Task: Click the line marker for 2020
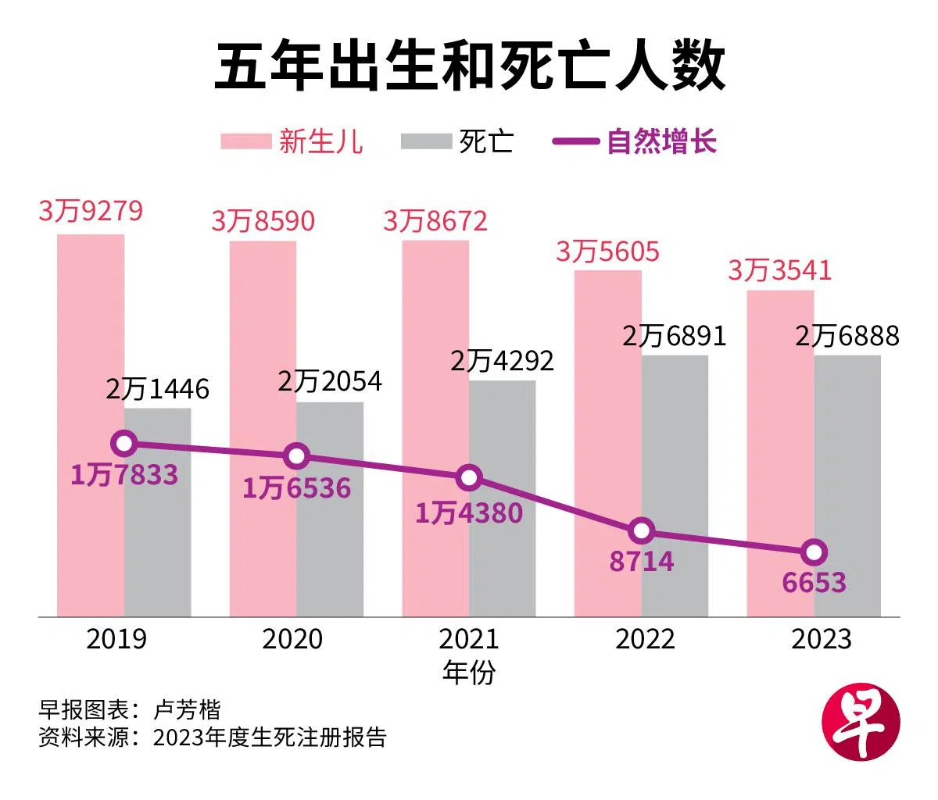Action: click(x=296, y=456)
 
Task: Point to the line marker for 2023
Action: click(x=814, y=552)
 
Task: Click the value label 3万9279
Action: click(x=91, y=212)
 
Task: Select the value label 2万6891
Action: click(x=675, y=336)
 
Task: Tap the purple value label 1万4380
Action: click(x=469, y=512)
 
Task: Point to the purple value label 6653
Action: click(x=814, y=582)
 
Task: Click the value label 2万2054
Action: click(x=330, y=381)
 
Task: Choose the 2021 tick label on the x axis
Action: click(x=469, y=639)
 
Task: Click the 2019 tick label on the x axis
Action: click(x=116, y=639)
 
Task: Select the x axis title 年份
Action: click(x=469, y=672)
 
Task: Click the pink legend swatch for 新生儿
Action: click(x=245, y=142)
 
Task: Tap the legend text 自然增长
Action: click(x=661, y=142)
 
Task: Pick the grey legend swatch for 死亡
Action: click(x=426, y=142)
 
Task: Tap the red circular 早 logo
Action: click(x=861, y=723)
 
